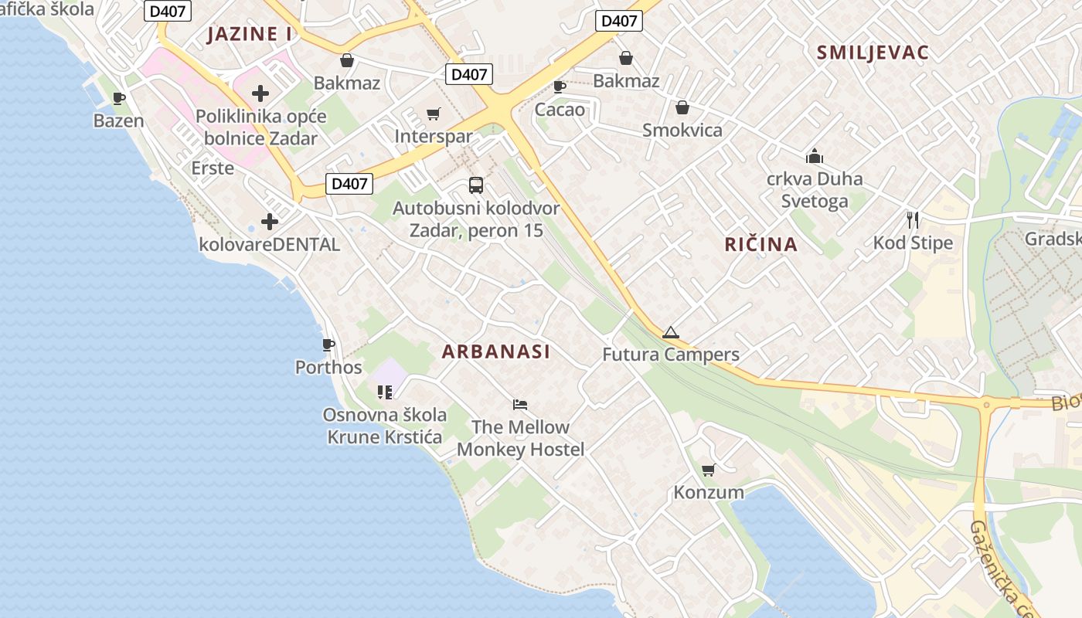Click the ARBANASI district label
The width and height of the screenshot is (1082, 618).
495,351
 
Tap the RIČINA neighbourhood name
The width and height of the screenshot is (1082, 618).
760,245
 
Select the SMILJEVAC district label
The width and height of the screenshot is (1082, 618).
873,53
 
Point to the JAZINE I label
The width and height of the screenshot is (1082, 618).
250,34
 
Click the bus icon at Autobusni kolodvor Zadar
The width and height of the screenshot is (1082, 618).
475,185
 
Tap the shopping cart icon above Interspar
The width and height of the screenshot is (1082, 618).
434,114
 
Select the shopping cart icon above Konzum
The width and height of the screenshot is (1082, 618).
708,470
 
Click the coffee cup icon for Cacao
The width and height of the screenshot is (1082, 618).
560,87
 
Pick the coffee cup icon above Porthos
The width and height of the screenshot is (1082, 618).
328,345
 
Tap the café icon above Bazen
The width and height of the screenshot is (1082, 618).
118,98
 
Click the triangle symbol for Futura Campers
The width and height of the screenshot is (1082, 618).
670,332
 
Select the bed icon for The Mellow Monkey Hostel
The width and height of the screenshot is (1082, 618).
520,404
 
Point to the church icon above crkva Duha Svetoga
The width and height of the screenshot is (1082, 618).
814,156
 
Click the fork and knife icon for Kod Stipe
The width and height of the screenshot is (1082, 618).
913,220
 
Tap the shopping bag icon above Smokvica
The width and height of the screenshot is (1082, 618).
682,107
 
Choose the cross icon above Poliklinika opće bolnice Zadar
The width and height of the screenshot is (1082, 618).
260,94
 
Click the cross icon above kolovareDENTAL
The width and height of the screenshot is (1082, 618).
269,222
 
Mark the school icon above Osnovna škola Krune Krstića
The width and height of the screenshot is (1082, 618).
385,392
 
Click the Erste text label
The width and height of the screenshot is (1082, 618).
213,168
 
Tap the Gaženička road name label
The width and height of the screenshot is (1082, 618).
1002,568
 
